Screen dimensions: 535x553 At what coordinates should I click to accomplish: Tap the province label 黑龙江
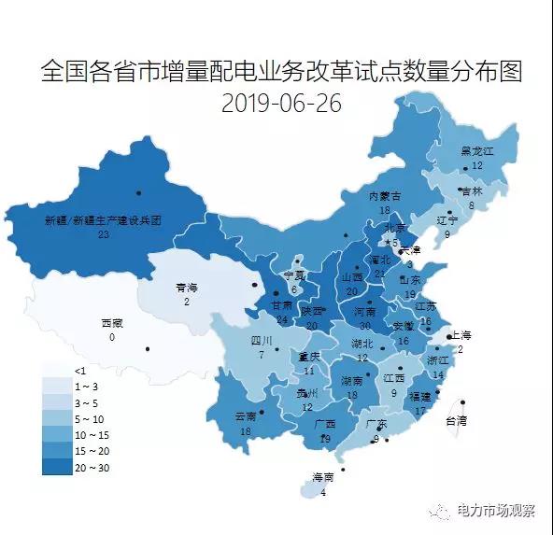(476, 151)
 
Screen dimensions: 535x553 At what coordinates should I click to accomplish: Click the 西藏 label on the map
(111, 323)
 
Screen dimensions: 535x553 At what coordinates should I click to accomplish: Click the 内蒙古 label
(384, 196)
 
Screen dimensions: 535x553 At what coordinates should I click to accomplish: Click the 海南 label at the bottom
(322, 479)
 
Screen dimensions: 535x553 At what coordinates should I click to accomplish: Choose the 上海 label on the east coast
(462, 335)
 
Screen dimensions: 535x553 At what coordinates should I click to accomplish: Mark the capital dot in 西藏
(148, 349)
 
